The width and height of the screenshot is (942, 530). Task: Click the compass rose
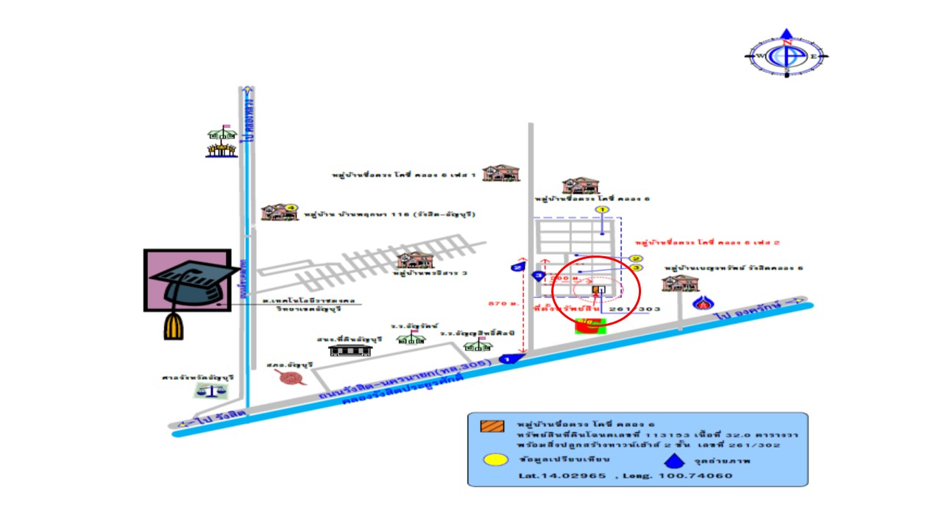(787, 54)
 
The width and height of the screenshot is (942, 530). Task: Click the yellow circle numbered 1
(602, 211)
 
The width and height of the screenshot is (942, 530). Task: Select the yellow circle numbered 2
(637, 258)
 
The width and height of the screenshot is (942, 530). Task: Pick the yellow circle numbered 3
(637, 268)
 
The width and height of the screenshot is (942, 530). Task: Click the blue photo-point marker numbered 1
(507, 358)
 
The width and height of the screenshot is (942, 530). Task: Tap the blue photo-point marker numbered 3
(538, 276)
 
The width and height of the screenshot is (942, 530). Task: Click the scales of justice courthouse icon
(210, 390)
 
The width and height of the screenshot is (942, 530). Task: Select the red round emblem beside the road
(291, 378)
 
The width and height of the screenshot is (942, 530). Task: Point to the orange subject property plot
(596, 290)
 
